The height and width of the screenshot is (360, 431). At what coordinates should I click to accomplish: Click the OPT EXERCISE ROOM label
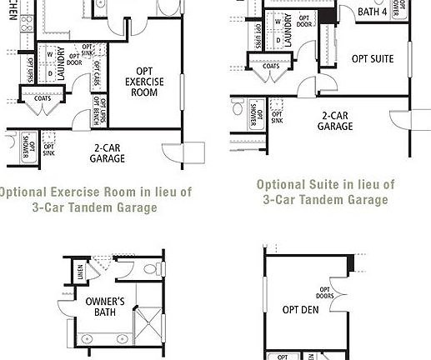coord(144,82)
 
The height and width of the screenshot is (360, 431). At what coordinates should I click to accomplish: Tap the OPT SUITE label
coord(372,59)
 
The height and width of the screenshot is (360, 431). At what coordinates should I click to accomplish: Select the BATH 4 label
coord(373,12)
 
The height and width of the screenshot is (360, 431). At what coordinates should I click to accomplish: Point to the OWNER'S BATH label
coord(105,307)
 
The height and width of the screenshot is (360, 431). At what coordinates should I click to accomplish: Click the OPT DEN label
coord(301,309)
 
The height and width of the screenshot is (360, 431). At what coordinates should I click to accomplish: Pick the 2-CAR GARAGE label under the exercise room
coord(108,152)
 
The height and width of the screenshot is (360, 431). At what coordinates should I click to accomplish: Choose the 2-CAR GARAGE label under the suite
coord(334,122)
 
